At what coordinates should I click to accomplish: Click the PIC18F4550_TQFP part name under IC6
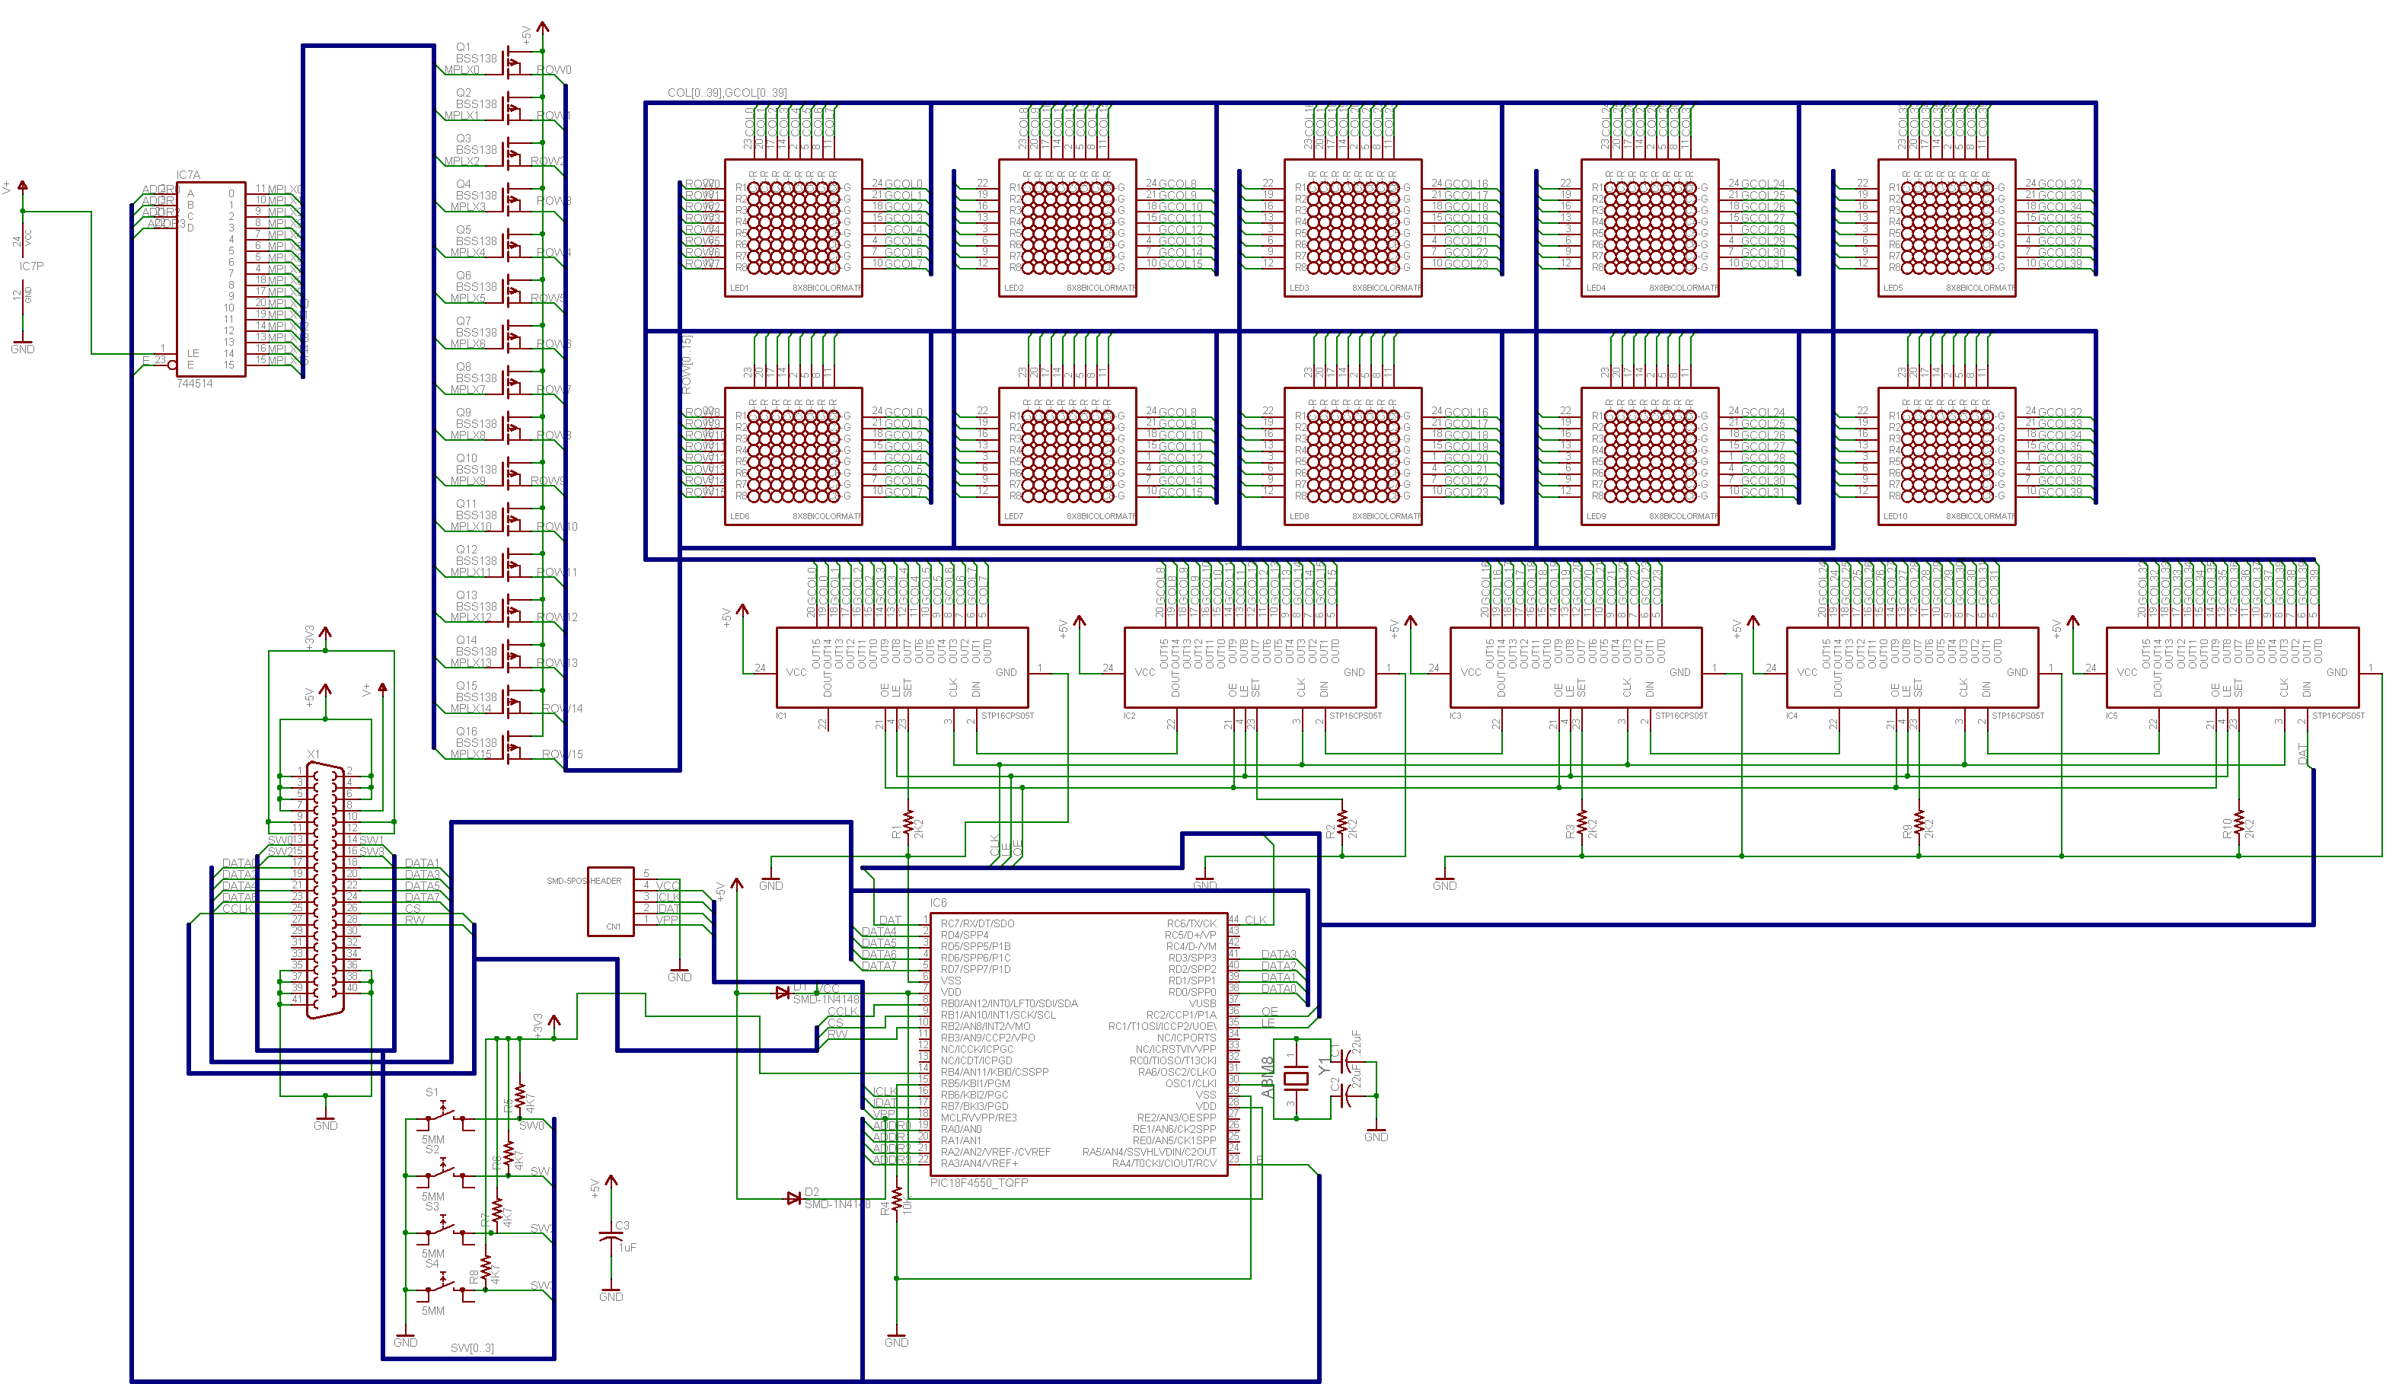pos(978,1182)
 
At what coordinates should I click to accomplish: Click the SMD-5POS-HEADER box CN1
pos(611,901)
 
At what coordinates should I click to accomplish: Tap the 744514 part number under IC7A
pos(195,384)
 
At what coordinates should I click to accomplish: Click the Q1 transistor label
pos(463,46)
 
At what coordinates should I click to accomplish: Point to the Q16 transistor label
pos(467,731)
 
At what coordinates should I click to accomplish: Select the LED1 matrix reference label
pos(738,288)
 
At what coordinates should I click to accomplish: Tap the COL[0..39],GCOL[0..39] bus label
pos(726,92)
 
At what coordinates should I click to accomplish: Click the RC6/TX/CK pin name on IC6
pos(1191,923)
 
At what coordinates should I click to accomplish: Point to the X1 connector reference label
pos(313,754)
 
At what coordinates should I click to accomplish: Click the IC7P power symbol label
pos(31,266)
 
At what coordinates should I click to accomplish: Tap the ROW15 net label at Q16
pos(562,754)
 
